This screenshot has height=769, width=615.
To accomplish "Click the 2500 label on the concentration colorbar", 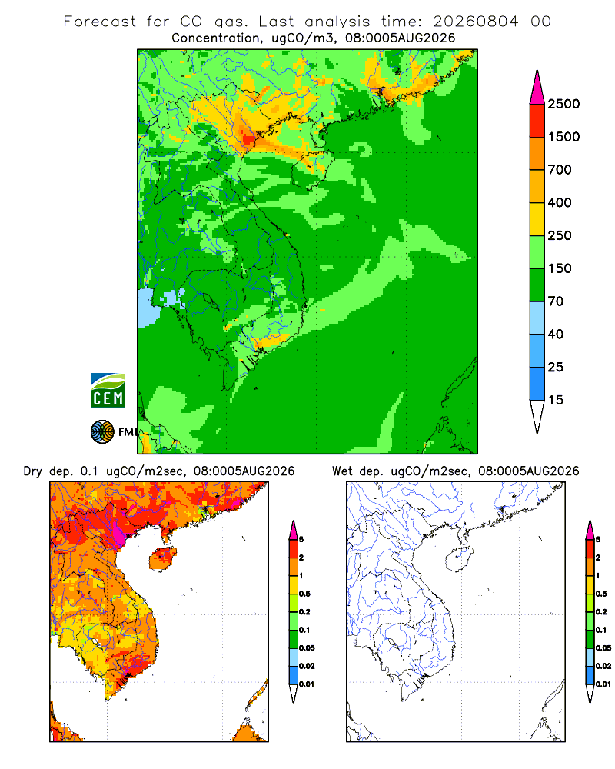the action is pos(563,104).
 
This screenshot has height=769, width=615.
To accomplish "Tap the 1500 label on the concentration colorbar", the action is pos(563,137).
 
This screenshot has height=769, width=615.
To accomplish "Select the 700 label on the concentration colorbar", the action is pos(560,170).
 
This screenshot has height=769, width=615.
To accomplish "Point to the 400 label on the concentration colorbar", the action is pos(560,202).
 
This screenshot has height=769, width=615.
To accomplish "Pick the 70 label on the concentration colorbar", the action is pos(556,301).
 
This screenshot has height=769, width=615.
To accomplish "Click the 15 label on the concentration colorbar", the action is pos(556,400).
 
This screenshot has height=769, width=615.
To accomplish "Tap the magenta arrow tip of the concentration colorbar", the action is pos(537,88).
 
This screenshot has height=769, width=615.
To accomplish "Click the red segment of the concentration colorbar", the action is pos(537,121).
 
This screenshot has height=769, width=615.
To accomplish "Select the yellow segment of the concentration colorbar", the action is pos(537,219).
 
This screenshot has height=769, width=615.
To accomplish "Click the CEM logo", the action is pos(108,391).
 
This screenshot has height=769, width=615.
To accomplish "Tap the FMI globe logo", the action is pos(102,432).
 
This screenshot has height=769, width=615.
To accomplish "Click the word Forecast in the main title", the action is pos(100,22).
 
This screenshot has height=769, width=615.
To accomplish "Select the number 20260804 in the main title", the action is pos(475,22).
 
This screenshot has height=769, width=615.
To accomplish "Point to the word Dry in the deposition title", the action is pos(33,471).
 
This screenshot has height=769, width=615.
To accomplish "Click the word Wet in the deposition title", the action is pos(342,471).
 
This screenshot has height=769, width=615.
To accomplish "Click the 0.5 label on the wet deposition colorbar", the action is pos(600,594).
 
